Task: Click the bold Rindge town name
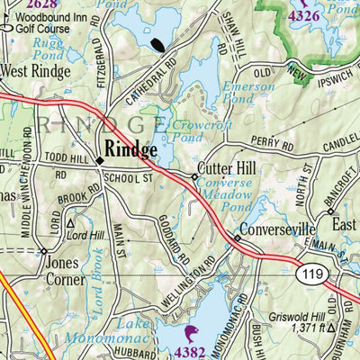point(131,148)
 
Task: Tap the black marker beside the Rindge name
point(100,160)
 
